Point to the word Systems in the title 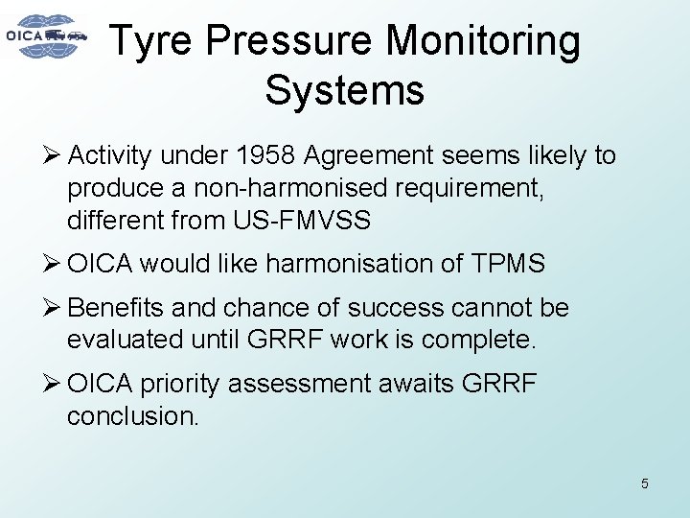(x=344, y=90)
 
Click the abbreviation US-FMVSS (x=301, y=222)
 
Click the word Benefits (x=113, y=308)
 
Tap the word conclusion (x=132, y=416)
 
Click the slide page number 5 (x=644, y=483)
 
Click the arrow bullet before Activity (x=53, y=155)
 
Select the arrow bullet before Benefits (x=53, y=308)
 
